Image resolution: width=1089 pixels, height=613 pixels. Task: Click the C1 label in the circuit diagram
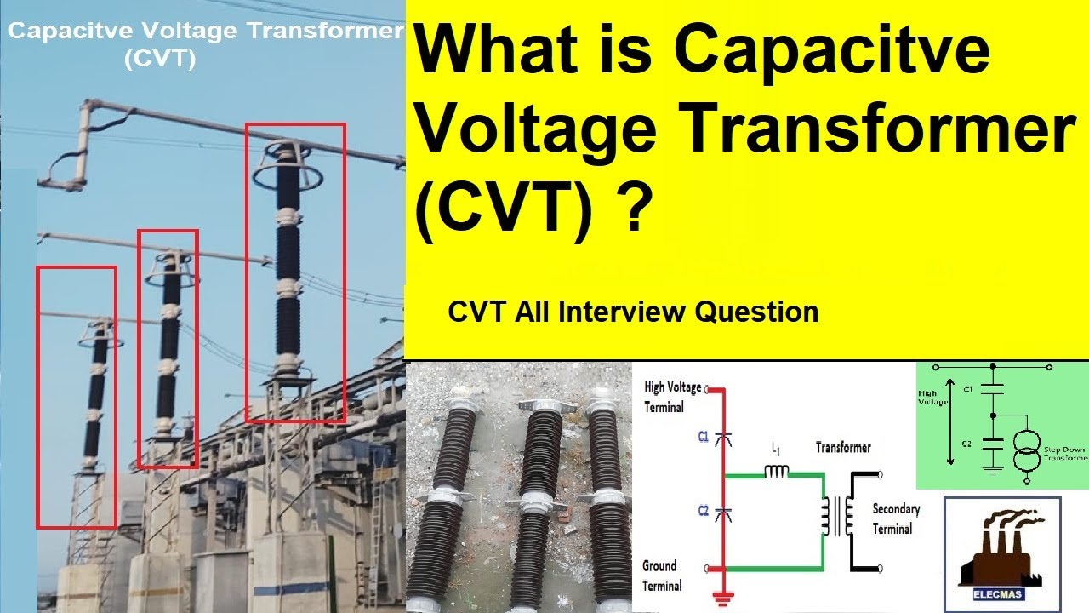coord(704,437)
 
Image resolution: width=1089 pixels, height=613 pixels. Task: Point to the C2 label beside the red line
coord(704,511)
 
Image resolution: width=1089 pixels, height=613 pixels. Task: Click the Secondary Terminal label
coord(896,518)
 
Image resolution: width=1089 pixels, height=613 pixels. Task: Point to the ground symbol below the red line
coord(724,599)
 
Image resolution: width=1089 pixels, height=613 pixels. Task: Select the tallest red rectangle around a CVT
coord(295,272)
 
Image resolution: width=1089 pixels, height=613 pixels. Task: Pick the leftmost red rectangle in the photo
coord(76,397)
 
